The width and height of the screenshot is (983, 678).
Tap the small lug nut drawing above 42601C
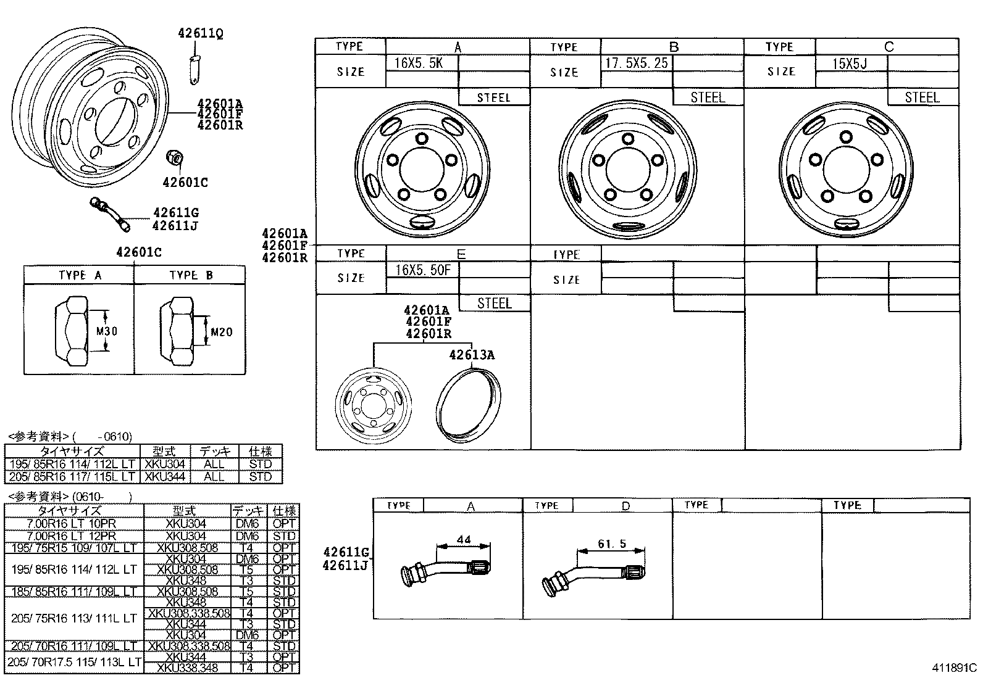click(175, 159)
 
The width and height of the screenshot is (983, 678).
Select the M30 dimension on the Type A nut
click(107, 331)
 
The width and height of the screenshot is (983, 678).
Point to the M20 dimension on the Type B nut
click(221, 333)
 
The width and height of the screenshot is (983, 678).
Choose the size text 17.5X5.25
click(635, 63)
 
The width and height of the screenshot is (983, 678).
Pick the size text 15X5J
click(850, 64)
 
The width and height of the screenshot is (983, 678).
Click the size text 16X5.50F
click(422, 270)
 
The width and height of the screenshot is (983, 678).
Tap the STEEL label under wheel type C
click(922, 97)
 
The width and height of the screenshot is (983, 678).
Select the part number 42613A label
click(471, 355)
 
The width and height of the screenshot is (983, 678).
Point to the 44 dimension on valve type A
click(463, 540)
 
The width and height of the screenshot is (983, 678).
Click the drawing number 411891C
click(954, 668)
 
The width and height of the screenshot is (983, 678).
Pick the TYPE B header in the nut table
click(191, 275)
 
